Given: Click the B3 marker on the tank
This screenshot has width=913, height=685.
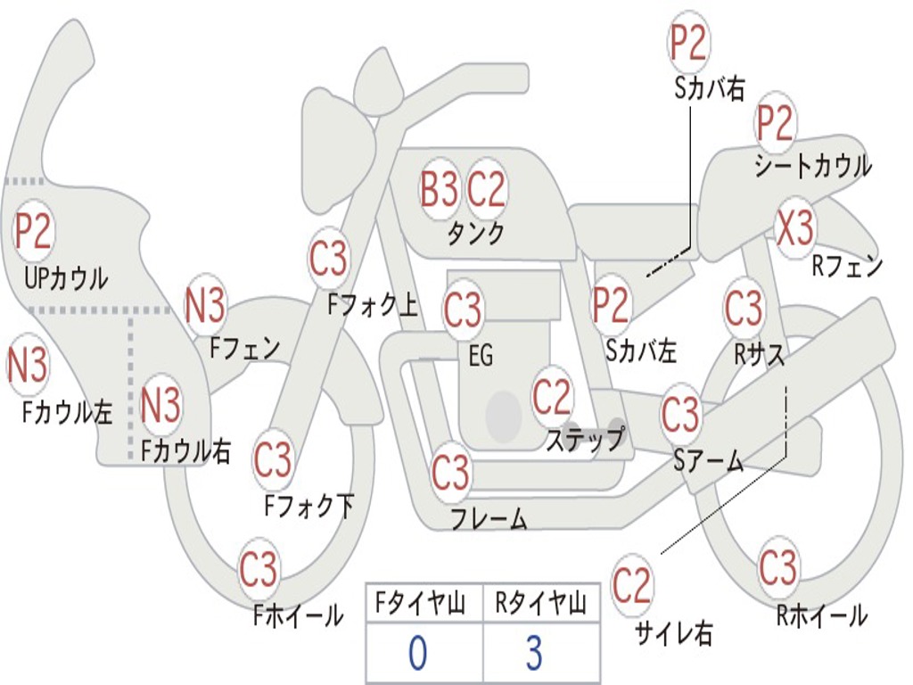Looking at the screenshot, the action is [439, 189].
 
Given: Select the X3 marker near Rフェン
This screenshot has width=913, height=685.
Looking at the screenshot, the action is [794, 227].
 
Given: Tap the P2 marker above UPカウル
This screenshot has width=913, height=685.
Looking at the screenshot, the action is [33, 231].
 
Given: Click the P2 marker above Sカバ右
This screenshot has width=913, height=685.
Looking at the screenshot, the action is [688, 43].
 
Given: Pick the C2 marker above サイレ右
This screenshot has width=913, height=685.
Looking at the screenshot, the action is [631, 585].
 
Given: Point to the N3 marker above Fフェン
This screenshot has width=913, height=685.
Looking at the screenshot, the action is [205, 305].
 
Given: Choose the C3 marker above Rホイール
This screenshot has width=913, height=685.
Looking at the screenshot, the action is [777, 566].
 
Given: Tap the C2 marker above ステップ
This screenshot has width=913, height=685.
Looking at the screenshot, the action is [551, 396].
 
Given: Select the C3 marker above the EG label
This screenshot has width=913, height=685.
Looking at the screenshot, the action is [463, 309].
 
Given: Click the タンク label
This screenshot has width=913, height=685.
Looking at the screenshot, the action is [475, 234].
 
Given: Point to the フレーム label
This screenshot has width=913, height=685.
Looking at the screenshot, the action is [489, 518].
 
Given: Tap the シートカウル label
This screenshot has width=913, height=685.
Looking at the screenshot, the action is [813, 166].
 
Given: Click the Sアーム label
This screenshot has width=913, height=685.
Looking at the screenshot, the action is [709, 461].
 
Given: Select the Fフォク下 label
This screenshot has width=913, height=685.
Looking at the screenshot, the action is [309, 505].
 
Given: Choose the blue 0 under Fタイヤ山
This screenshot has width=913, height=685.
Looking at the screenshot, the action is [417, 652].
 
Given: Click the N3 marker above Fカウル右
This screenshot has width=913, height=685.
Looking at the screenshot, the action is [160, 404].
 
